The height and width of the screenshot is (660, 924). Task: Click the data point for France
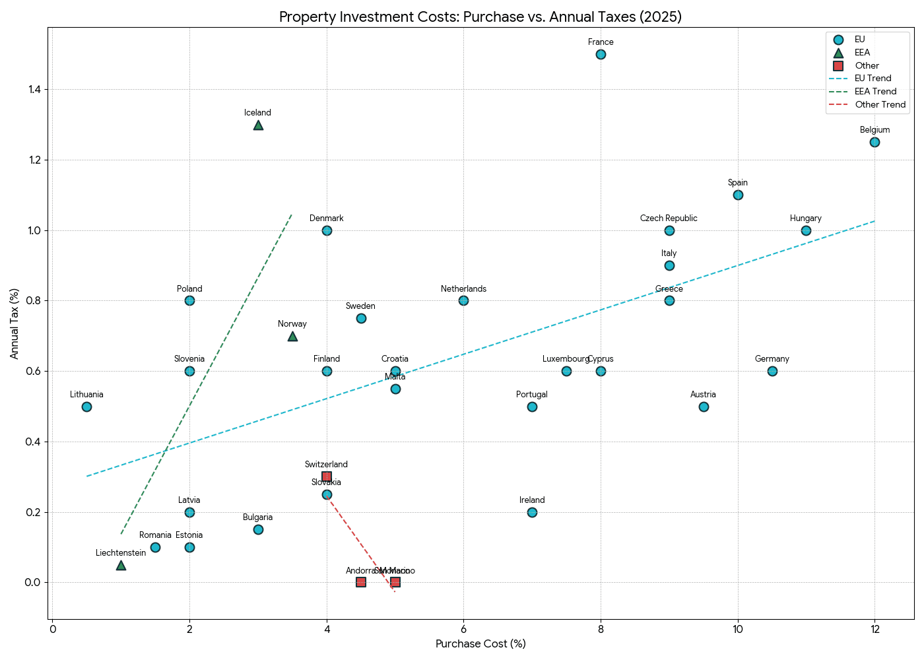coord(601,54)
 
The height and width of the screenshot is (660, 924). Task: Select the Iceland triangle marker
coord(258,125)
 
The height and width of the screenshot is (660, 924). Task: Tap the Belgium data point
coord(874,142)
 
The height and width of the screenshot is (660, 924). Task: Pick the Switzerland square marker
coord(327,477)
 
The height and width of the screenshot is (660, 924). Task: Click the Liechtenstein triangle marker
coord(121,566)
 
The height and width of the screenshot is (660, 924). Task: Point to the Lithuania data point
coord(86,407)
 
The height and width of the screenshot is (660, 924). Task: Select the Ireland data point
coord(532,512)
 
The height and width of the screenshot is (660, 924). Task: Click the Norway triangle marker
coord(292,337)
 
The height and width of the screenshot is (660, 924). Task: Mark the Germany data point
coord(772,371)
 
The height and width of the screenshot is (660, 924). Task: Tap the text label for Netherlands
coord(463,289)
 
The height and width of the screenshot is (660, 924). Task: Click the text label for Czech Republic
coord(669,218)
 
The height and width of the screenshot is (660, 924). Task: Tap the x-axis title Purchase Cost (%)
coord(480,644)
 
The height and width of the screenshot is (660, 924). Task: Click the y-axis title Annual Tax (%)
coord(15,323)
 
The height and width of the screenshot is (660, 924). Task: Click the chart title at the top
coord(480,17)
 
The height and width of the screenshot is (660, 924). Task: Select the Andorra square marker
coord(361,582)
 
